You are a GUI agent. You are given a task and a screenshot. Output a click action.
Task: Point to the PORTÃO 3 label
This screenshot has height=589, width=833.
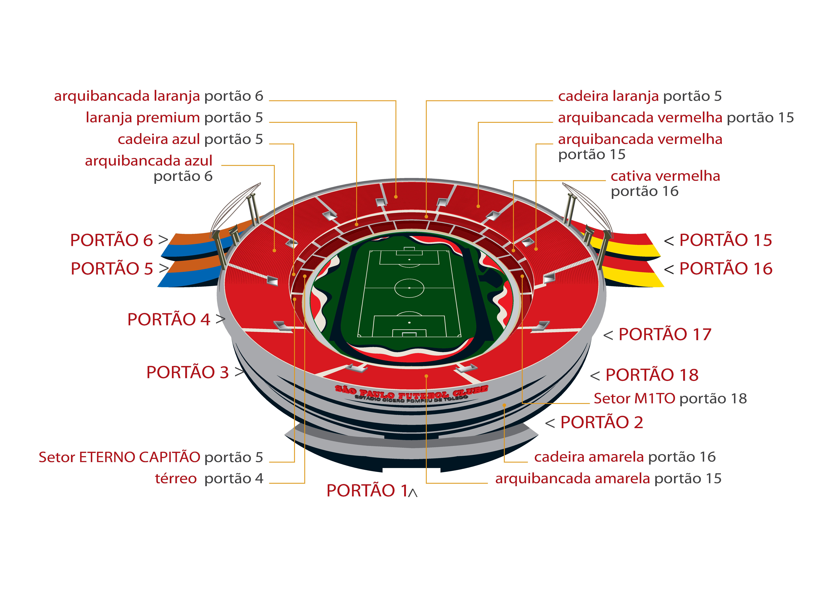(x=188, y=372)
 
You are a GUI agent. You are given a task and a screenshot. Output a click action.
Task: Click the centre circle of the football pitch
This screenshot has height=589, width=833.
(x=409, y=288)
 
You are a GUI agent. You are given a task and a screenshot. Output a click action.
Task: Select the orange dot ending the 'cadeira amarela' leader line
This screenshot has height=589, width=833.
(x=504, y=405)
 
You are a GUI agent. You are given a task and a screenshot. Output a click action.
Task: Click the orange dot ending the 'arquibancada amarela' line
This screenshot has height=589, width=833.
(x=426, y=376)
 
